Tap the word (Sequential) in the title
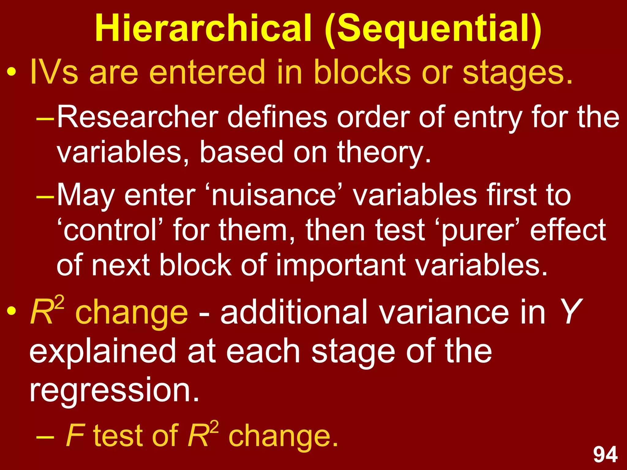(433, 29)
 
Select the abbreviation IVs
(54, 72)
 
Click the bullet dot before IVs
(12, 73)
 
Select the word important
(340, 265)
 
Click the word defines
(277, 117)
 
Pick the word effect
(568, 230)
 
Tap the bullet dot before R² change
(12, 311)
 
